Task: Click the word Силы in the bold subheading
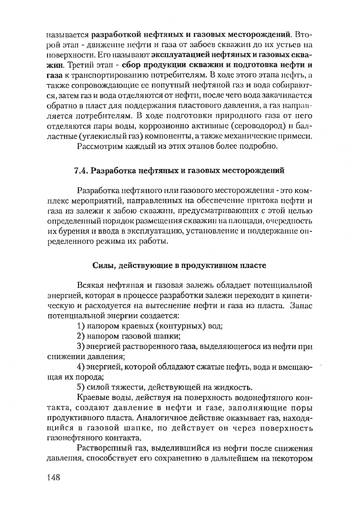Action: coord(102,266)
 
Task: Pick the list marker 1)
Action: coord(82,326)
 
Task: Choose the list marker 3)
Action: coord(82,347)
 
